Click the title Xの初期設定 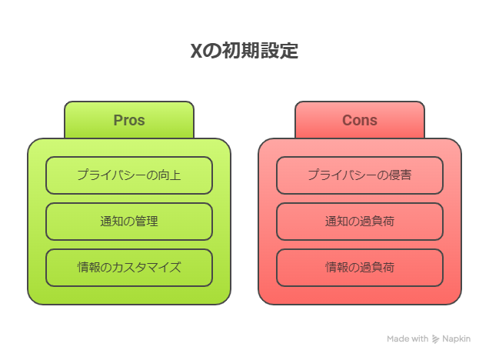244,51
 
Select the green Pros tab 129,120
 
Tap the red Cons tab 360,120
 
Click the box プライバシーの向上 129,175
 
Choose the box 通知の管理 129,222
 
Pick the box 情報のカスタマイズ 129,268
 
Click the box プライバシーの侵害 360,175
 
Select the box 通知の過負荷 360,222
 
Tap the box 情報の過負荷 360,268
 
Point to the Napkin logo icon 435,339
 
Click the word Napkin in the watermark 456,338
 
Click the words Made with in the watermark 407,338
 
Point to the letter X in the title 197,51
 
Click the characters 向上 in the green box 169,175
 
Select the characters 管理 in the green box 147,222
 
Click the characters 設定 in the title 279,51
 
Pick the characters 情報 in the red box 337,268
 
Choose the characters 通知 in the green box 111,222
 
